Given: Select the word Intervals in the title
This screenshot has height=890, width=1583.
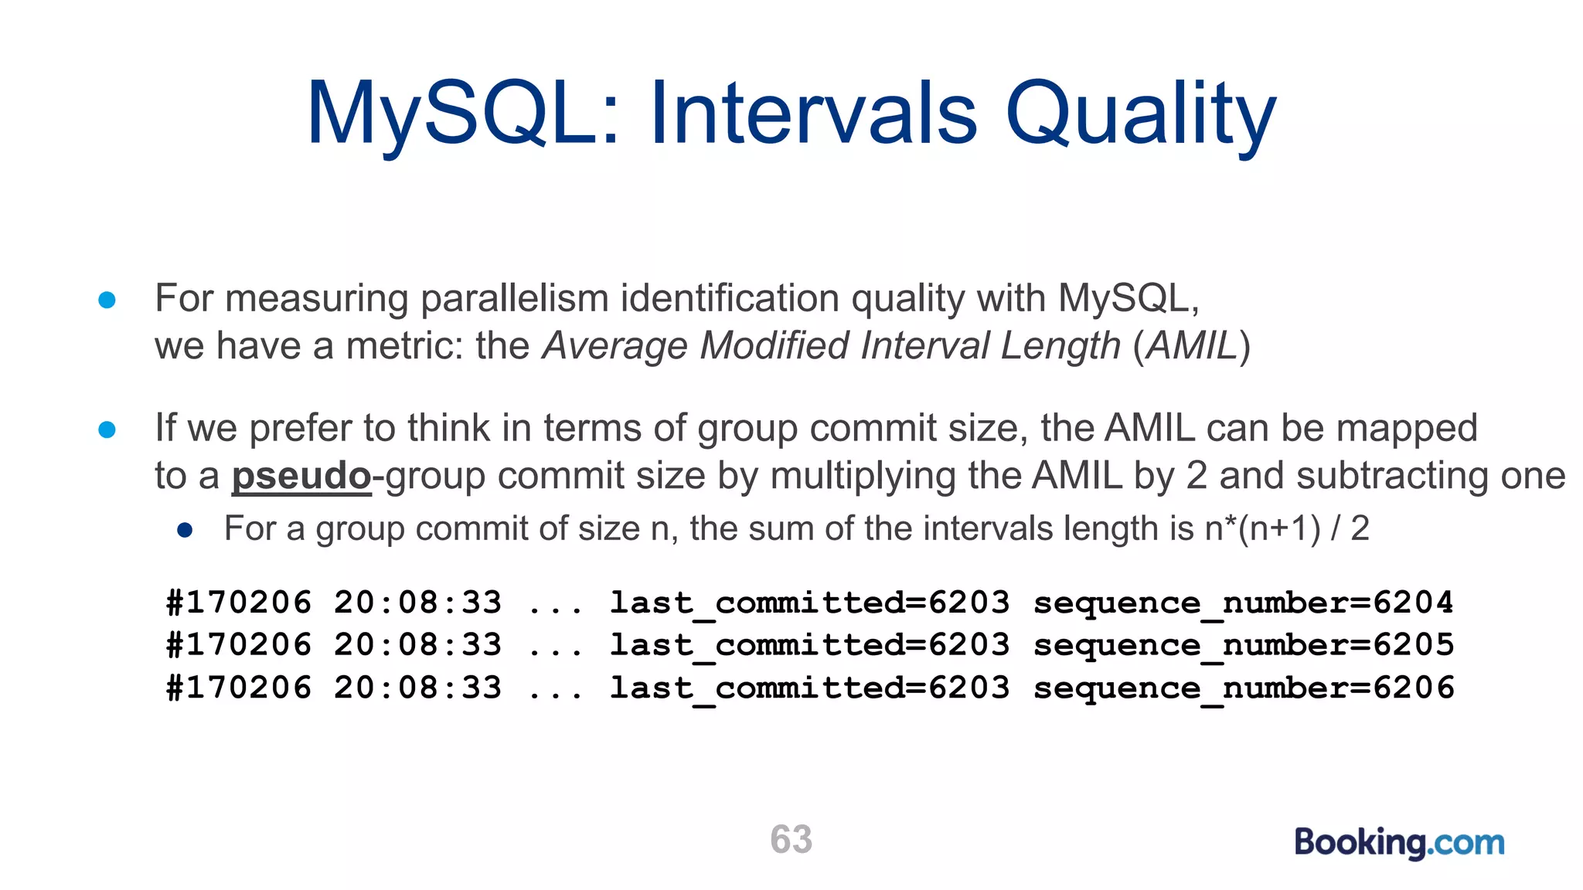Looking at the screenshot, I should pyautogui.click(x=813, y=114).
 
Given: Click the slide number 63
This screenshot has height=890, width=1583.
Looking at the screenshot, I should pyautogui.click(x=791, y=839).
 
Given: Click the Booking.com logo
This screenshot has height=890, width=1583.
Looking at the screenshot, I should pyautogui.click(x=1399, y=842).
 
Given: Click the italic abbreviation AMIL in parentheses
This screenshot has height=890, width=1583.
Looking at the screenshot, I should pyautogui.click(x=1192, y=345).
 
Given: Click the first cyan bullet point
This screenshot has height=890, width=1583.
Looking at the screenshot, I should pyautogui.click(x=107, y=300).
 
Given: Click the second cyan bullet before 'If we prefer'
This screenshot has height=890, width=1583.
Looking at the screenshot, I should pyautogui.click(x=107, y=430).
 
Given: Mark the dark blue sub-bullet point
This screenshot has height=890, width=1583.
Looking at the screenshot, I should pyautogui.click(x=184, y=530).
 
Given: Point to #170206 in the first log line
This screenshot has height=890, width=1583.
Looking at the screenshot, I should pyautogui.click(x=238, y=603).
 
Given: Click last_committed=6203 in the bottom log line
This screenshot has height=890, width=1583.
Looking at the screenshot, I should pyautogui.click(x=809, y=688).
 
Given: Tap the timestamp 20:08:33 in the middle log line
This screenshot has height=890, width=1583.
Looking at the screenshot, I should pyautogui.click(x=417, y=645).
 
